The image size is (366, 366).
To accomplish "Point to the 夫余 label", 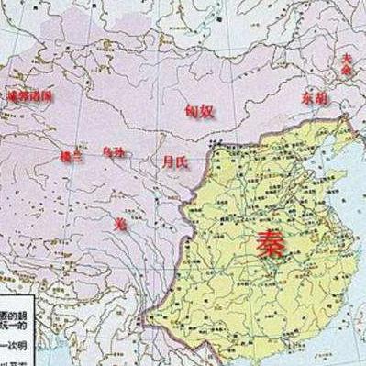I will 345,62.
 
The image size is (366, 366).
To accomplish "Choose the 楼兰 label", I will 71,156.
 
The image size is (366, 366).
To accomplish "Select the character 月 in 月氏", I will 165,162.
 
